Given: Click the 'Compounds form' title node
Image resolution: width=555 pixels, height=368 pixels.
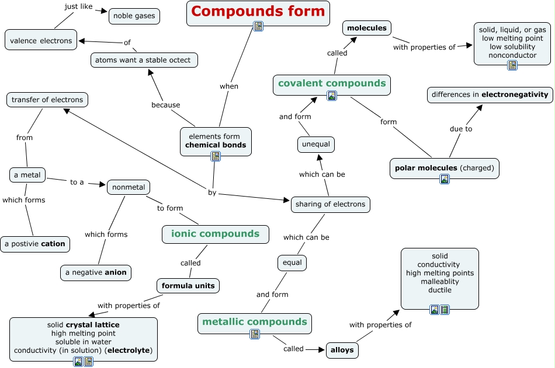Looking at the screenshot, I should [x=258, y=11].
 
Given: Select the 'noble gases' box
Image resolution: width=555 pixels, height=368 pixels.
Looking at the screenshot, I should [x=134, y=16].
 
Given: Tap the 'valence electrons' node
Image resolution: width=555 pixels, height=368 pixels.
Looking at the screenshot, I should [x=41, y=41].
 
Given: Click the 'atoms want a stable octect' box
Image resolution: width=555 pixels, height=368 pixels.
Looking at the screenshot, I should [x=144, y=59].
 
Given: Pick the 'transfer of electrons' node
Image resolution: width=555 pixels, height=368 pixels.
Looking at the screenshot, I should [x=47, y=100].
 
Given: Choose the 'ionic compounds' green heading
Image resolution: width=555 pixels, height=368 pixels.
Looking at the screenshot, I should [x=215, y=234].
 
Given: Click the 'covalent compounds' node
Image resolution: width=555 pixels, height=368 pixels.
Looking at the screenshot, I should [x=332, y=83].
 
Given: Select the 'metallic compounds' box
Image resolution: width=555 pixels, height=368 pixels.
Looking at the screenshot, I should [x=254, y=321].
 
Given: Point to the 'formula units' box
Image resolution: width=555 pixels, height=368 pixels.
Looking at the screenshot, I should [x=188, y=286].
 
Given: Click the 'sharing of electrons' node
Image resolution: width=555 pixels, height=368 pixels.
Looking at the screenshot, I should [x=330, y=204].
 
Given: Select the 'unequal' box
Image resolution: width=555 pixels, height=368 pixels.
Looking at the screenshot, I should [x=316, y=144].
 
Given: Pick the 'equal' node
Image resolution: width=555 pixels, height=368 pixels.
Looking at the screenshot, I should [x=292, y=262].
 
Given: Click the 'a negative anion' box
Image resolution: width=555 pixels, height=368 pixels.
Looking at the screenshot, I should [x=96, y=272].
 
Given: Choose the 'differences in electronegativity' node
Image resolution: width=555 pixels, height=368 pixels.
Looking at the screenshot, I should [x=490, y=94].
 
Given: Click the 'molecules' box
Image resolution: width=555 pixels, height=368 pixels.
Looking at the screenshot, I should [x=366, y=27].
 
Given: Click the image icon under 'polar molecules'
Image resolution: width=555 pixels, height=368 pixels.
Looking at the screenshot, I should [x=445, y=179].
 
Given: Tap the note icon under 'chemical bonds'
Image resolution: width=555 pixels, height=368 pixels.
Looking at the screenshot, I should [x=216, y=156].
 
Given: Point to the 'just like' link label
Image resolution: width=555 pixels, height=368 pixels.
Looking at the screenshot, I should [x=78, y=7].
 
